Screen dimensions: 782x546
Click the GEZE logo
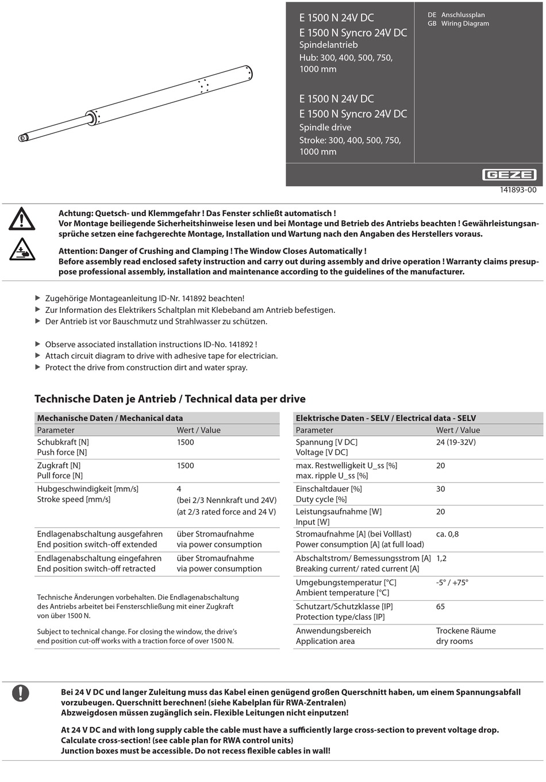[509, 175]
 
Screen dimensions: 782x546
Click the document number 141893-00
[518, 190]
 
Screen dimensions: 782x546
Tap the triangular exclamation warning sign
[22, 219]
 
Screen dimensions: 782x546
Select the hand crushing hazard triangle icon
[22, 250]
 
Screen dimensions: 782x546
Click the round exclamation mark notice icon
[21, 693]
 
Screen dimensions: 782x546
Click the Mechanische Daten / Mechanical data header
[110, 418]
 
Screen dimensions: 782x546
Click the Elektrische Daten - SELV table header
[386, 418]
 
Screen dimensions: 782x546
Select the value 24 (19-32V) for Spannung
[456, 442]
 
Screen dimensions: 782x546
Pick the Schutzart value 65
[440, 607]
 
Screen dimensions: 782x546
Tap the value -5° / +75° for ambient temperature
[452, 582]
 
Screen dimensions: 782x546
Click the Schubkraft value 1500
[185, 442]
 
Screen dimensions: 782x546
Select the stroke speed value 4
[179, 489]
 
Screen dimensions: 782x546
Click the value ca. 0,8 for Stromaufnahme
[447, 534]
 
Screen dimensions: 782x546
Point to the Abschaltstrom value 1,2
[441, 558]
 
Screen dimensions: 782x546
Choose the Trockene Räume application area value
[466, 631]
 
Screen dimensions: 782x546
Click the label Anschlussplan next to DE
[463, 15]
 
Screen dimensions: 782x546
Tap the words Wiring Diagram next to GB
[465, 24]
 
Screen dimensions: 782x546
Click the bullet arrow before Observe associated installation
[38, 344]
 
